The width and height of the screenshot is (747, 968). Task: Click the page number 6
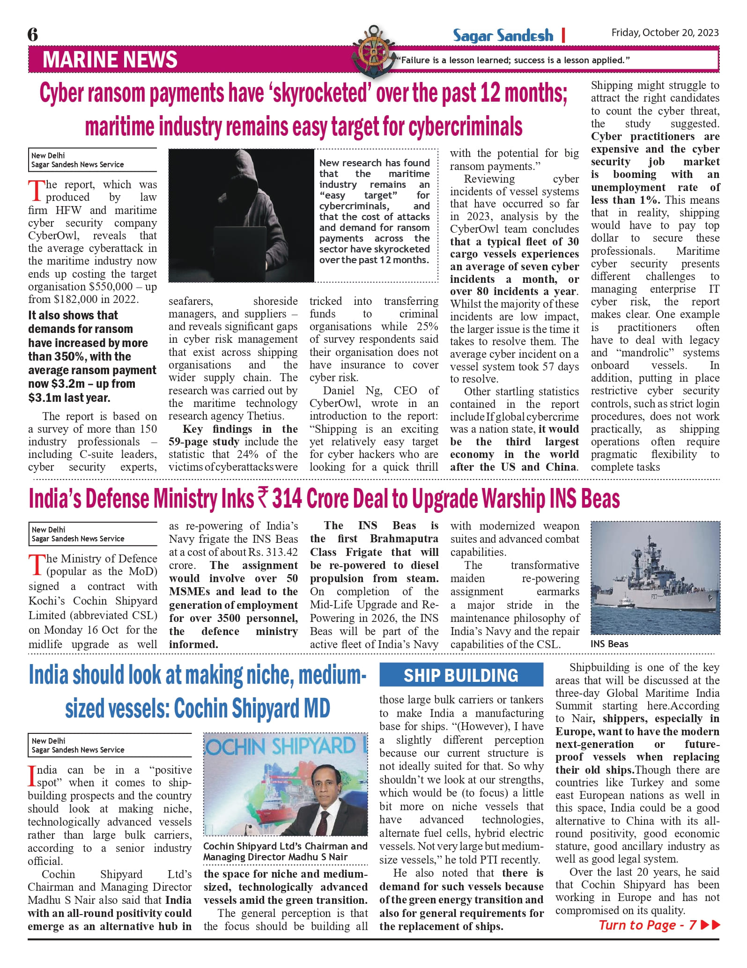coord(33,35)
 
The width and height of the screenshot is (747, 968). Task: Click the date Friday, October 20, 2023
coord(665,33)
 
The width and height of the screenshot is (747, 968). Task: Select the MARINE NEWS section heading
coord(110,60)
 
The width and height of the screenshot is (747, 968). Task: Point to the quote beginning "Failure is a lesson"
coord(513,60)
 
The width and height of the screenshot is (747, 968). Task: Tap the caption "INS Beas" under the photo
coord(609,644)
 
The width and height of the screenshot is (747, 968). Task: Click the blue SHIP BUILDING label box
coord(461,675)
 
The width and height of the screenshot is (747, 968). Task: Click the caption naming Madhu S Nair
coord(285,852)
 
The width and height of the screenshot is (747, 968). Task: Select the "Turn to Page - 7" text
coord(647,925)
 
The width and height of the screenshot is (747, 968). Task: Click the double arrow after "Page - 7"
coord(710,925)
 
